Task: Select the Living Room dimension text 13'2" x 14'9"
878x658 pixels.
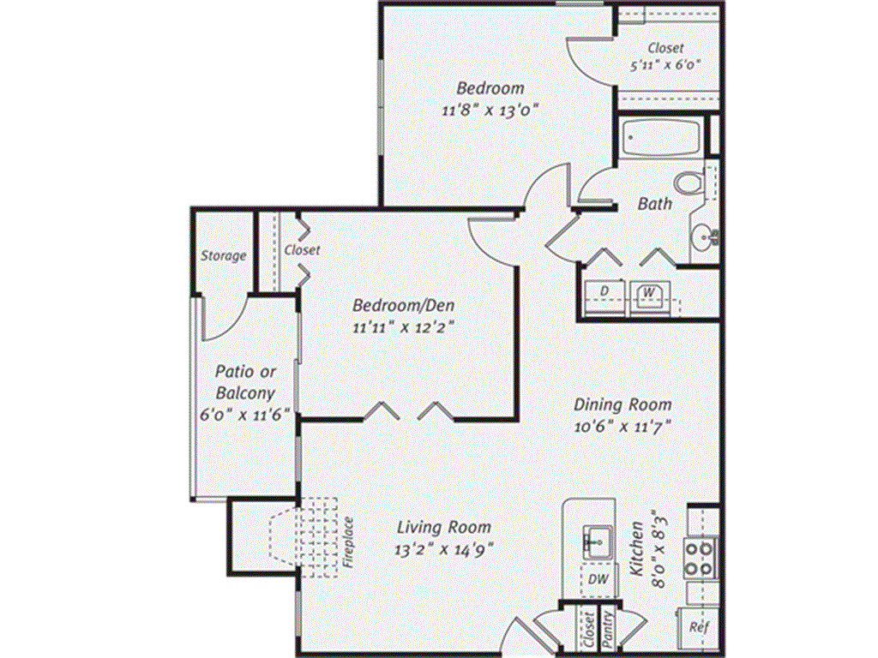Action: pos(443,549)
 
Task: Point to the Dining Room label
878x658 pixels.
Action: pos(622,405)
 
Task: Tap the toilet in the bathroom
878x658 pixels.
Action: pos(688,183)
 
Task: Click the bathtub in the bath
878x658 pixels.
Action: pos(662,137)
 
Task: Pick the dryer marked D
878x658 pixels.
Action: pos(604,293)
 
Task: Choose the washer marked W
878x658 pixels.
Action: pos(649,293)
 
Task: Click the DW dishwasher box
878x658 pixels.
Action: pos(598,580)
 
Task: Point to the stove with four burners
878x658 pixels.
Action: pos(700,558)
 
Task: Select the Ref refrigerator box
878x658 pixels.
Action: pos(699,626)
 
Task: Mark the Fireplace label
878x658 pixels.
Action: pos(349,543)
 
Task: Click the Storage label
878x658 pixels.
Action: pos(223,255)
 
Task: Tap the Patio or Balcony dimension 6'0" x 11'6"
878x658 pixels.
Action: pos(245,414)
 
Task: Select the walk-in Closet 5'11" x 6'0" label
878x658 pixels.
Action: pos(665,56)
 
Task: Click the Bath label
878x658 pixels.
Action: pos(654,205)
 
